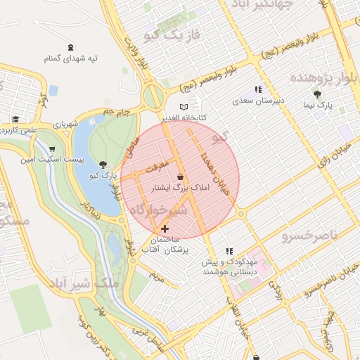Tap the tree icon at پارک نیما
click(x=318, y=94)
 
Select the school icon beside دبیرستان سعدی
click(x=258, y=90)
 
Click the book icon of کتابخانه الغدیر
click(x=184, y=107)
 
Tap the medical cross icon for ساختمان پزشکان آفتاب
click(x=165, y=229)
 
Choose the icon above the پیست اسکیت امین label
click(x=52, y=149)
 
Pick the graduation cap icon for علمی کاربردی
click(x=15, y=119)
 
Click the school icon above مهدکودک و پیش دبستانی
click(x=229, y=251)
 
